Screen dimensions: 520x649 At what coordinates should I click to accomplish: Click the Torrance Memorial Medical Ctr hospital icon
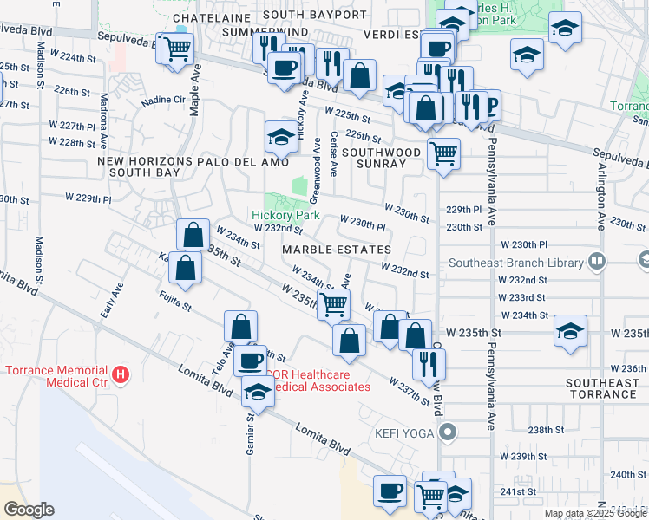point(121,375)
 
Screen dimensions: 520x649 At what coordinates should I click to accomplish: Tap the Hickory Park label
point(285,215)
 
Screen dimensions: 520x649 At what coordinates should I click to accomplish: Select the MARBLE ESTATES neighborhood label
point(336,250)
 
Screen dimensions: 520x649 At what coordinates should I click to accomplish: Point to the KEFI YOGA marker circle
point(448,431)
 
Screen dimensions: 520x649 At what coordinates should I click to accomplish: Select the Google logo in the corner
point(29,509)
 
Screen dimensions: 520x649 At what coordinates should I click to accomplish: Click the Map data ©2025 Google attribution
point(595,513)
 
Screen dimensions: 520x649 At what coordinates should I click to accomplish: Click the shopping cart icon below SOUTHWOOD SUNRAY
point(443,154)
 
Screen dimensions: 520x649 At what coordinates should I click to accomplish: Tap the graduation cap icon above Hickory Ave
point(281,135)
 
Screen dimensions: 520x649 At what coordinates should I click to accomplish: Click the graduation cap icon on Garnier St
point(257,393)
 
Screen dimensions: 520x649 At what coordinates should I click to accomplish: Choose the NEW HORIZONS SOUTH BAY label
point(139,167)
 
